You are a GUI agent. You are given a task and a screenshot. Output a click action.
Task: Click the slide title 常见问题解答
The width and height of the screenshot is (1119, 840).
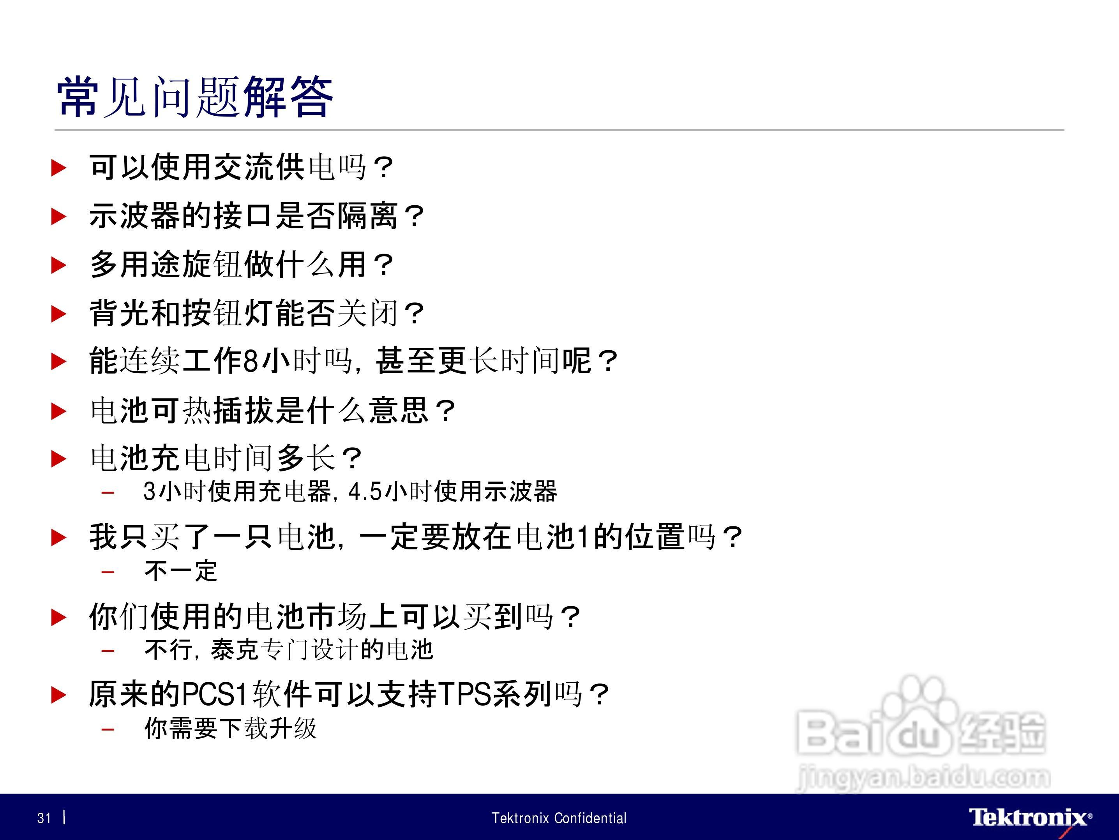(x=195, y=97)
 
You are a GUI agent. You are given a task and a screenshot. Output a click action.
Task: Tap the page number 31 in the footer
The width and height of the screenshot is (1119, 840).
(x=44, y=818)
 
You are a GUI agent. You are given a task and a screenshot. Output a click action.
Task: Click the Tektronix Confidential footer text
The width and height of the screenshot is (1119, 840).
(x=559, y=818)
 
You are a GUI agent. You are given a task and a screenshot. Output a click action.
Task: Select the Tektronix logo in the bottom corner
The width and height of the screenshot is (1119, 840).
(x=1030, y=818)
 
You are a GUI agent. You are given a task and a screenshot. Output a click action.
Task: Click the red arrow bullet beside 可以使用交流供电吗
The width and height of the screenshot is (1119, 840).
(x=59, y=168)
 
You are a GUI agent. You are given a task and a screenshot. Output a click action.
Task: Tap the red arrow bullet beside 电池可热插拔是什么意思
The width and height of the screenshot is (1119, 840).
(x=59, y=411)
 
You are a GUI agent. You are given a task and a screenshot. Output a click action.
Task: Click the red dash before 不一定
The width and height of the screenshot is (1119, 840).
(x=108, y=572)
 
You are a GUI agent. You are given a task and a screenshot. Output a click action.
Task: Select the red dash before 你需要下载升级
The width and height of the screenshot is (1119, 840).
(x=108, y=729)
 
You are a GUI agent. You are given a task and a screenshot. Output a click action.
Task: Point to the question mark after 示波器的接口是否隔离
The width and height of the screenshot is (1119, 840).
(x=414, y=217)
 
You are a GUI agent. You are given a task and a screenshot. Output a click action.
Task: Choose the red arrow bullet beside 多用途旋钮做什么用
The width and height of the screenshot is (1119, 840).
(x=59, y=265)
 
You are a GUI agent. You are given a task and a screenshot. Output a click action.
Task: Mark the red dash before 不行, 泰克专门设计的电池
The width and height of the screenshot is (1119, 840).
(x=108, y=650)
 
